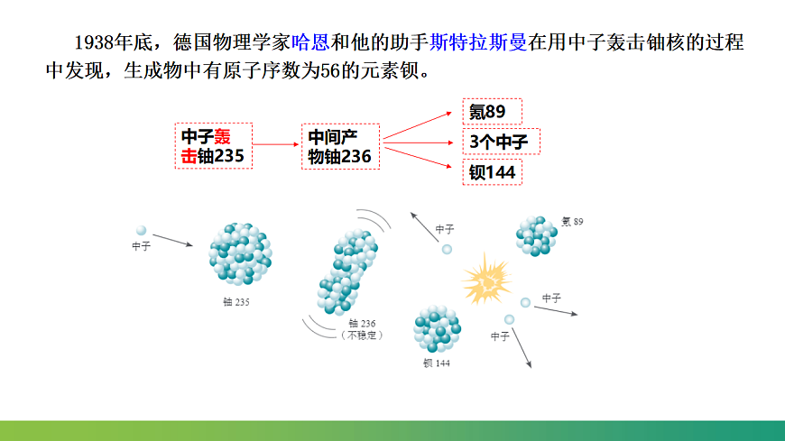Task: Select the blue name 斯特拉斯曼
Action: pos(478,42)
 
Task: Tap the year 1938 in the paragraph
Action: pos(95,42)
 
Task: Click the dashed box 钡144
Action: pos(493,172)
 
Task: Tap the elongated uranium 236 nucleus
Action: pos(347,271)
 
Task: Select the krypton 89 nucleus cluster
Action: pos(537,235)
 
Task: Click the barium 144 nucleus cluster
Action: pos(437,330)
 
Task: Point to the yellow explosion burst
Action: pos(485,281)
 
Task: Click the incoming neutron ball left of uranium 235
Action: pos(141,231)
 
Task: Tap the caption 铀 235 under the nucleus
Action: pos(236,302)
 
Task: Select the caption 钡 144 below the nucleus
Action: pos(436,363)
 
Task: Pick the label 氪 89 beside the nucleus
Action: pos(572,221)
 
